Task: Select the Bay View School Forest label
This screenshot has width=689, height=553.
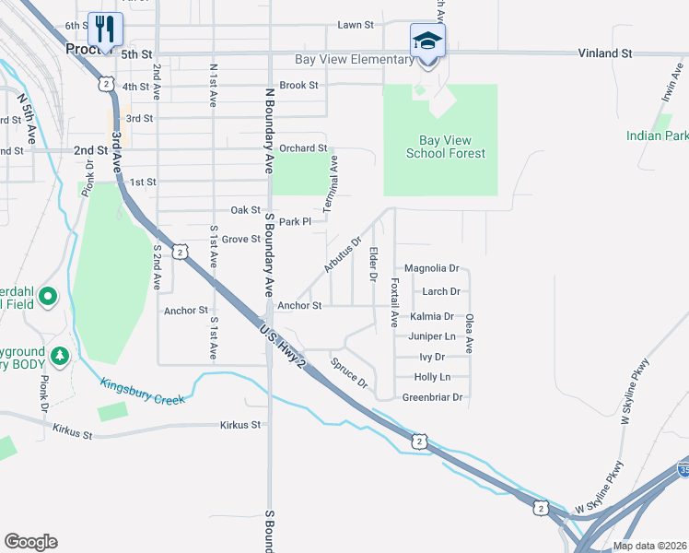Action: (x=438, y=147)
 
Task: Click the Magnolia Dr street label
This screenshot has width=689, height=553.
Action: (x=431, y=268)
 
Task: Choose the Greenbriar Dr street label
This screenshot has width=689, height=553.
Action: (x=432, y=397)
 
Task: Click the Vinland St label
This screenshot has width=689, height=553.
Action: (x=605, y=53)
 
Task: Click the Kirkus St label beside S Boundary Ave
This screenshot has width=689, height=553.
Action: (x=240, y=425)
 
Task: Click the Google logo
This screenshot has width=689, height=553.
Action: (x=30, y=542)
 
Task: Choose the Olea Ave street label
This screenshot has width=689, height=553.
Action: (x=470, y=333)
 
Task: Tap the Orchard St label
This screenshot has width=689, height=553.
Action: (x=303, y=147)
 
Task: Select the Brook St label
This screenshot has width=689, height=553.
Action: (x=298, y=85)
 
